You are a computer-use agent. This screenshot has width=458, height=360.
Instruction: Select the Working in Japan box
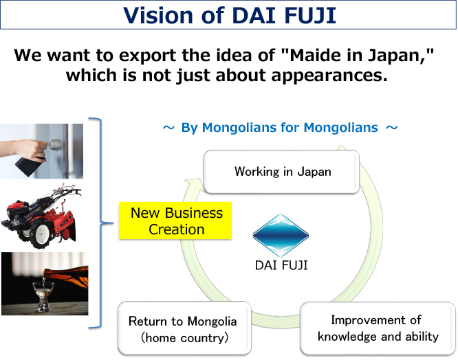282,171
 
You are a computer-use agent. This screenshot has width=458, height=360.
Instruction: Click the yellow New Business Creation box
176,221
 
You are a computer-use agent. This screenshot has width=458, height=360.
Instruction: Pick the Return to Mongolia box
182,329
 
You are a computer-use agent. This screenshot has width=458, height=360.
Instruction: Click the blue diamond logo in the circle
281,230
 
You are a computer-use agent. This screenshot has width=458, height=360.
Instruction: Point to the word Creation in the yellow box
177,229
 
